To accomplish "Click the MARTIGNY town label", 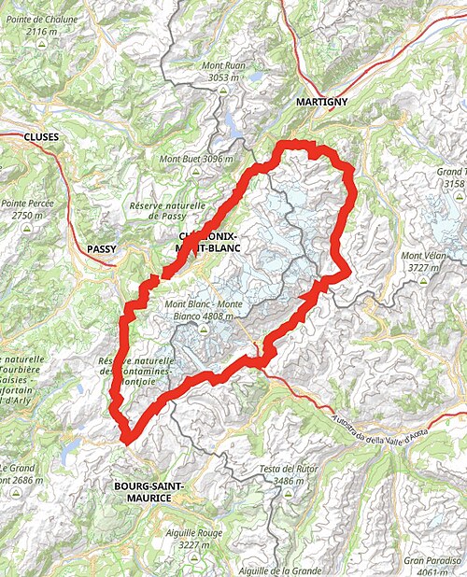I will click(321, 100).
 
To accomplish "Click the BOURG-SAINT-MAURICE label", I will click(150, 492).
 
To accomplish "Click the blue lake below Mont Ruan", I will click(229, 124).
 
